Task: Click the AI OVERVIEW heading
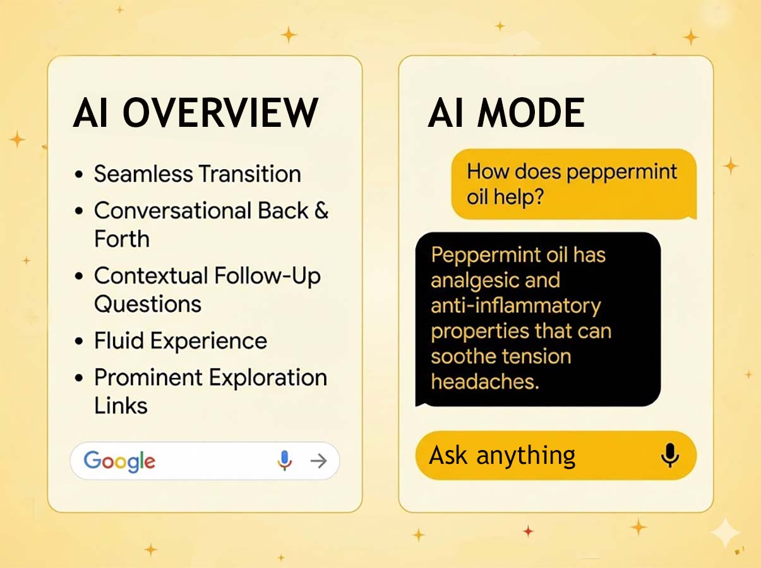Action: pyautogui.click(x=195, y=114)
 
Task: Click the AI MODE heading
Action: pyautogui.click(x=506, y=114)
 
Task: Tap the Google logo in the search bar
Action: pyautogui.click(x=119, y=461)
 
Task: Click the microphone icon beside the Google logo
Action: pyautogui.click(x=285, y=461)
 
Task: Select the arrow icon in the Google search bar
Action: pyautogui.click(x=318, y=461)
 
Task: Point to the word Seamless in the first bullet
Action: pyautogui.click(x=143, y=174)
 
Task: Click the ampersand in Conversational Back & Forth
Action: pyautogui.click(x=321, y=210)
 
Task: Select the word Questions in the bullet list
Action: pyautogui.click(x=148, y=304)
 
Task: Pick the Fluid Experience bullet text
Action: pyautogui.click(x=181, y=341)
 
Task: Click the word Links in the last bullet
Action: pyautogui.click(x=121, y=405)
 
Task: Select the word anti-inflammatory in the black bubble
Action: pyautogui.click(x=515, y=305)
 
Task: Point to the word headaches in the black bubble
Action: pyautogui.click(x=484, y=381)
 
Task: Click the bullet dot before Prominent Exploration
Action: pyautogui.click(x=79, y=379)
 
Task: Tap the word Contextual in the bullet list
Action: pyautogui.click(x=151, y=276)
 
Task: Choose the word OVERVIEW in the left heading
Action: pyautogui.click(x=220, y=114)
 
